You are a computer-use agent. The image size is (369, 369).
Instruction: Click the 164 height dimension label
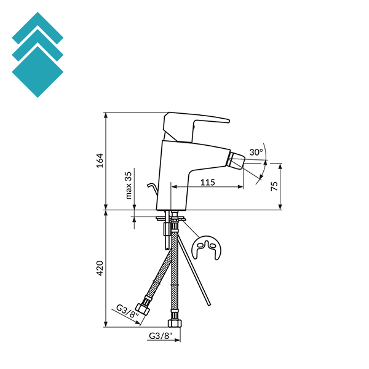100,161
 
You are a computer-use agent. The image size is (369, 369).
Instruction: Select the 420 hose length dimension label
100,268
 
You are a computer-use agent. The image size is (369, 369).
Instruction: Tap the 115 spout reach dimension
208,182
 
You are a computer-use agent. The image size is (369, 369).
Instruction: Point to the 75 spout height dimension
274,186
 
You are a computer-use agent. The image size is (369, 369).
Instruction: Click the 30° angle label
256,153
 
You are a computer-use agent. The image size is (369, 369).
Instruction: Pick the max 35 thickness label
129,186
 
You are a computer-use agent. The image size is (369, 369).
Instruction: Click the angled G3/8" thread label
128,311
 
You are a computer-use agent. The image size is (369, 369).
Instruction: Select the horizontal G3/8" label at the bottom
161,336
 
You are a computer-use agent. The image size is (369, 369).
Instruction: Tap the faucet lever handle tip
228,121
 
